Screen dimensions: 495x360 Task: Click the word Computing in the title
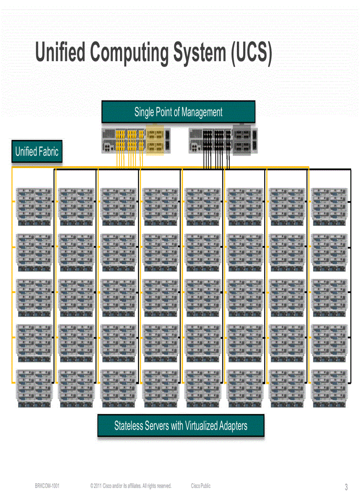pyautogui.click(x=129, y=53)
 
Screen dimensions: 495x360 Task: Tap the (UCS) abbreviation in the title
pyautogui.click(x=251, y=53)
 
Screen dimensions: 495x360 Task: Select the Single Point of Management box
pyautogui.click(x=178, y=112)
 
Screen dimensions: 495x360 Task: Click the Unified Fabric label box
pyautogui.click(x=37, y=152)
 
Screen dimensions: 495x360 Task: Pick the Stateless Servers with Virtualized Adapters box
pyautogui.click(x=180, y=425)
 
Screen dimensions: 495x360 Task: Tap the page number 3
pyautogui.click(x=346, y=487)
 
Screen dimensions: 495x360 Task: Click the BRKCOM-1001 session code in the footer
pyautogui.click(x=47, y=486)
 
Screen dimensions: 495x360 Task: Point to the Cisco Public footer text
pyautogui.click(x=201, y=486)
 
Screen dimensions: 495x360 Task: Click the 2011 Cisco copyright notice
pyautogui.click(x=131, y=486)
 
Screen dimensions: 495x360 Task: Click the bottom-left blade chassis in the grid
pyautogui.click(x=34, y=388)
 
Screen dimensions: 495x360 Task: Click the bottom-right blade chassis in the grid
pyautogui.click(x=329, y=388)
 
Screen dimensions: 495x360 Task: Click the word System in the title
pyautogui.click(x=201, y=53)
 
